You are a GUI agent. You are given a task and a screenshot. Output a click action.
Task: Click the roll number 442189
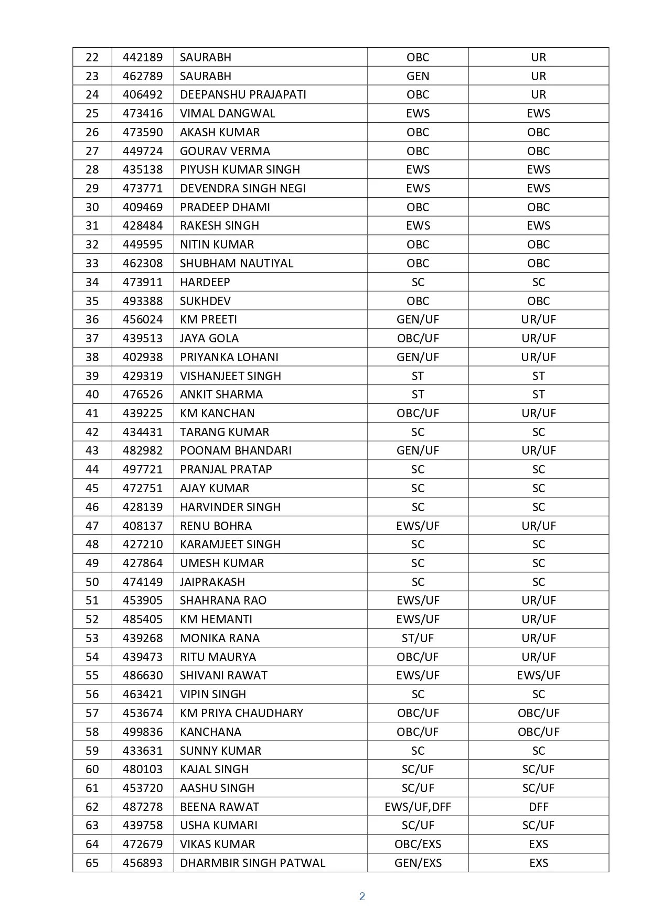(x=143, y=57)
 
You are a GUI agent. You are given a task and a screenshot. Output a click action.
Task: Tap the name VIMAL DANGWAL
(x=227, y=113)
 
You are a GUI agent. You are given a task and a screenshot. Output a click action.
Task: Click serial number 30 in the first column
(x=92, y=207)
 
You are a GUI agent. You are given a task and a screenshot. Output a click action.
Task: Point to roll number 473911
(x=143, y=282)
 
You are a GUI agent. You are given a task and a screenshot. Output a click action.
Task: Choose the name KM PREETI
(x=208, y=319)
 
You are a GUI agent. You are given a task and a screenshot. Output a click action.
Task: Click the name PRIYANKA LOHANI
(x=229, y=357)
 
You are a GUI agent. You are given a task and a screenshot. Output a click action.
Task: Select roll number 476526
(x=143, y=394)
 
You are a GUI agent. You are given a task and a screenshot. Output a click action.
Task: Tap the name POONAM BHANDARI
(x=236, y=450)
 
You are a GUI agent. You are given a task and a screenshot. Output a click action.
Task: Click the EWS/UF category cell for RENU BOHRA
(x=418, y=526)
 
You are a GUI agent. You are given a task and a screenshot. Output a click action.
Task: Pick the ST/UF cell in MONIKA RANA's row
(x=418, y=638)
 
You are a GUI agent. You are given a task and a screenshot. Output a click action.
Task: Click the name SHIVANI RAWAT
(x=223, y=675)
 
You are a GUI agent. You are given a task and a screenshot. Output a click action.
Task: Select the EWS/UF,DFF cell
(x=418, y=807)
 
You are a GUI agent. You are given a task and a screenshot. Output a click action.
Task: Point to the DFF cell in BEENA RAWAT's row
(x=538, y=807)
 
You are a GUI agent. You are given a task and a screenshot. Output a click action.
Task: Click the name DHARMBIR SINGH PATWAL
(x=252, y=863)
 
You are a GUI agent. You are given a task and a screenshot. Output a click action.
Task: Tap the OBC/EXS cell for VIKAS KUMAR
(x=418, y=844)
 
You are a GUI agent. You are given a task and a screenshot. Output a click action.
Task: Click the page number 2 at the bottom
(x=362, y=896)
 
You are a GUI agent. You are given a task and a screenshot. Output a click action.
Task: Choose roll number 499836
(x=143, y=732)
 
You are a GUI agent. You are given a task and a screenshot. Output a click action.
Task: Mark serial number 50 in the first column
(x=92, y=582)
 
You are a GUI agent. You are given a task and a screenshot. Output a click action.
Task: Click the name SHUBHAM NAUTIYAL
(x=237, y=263)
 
